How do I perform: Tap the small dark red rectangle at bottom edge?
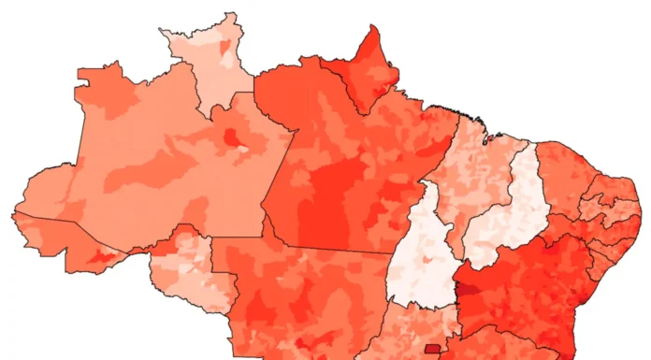click(432, 351)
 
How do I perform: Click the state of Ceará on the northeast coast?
click(566, 173)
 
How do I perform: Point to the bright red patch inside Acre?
click(103, 255)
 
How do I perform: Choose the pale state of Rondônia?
click(182, 271)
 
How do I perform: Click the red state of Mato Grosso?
click(299, 299)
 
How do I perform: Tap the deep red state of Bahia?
click(533, 290)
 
